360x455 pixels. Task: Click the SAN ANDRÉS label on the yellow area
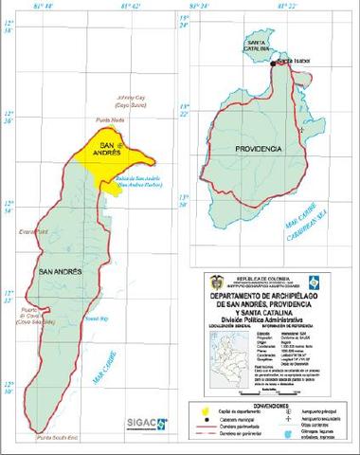coord(112,161)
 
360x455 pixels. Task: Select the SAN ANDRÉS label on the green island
coord(60,272)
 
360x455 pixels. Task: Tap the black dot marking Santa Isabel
coord(273,64)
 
